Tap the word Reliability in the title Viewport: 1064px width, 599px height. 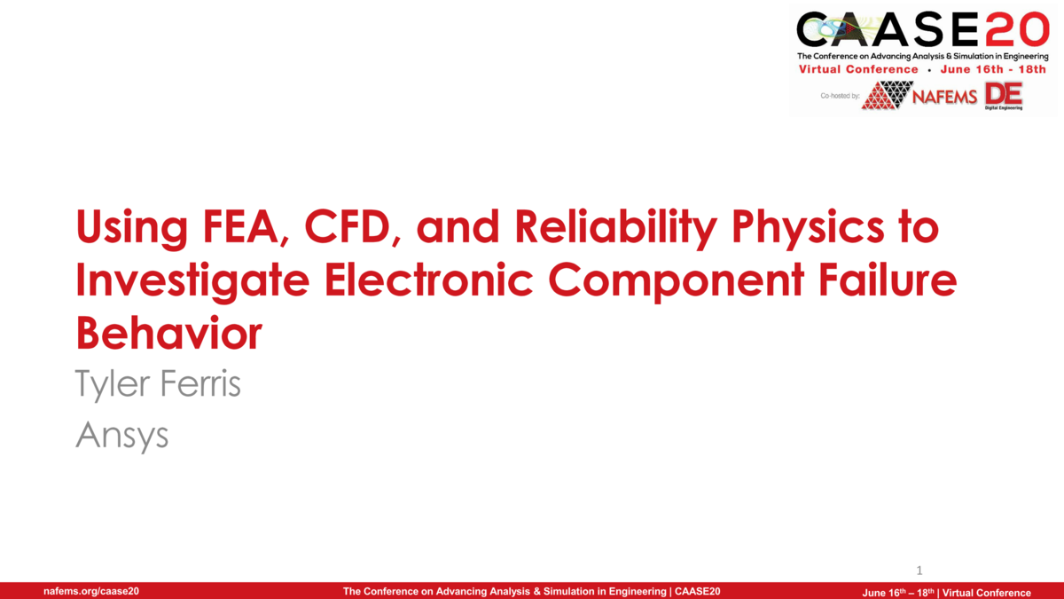(x=596, y=229)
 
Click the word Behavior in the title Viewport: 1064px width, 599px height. (x=168, y=333)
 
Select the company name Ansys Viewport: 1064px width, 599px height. (x=122, y=435)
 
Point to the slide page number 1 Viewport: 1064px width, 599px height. (x=919, y=570)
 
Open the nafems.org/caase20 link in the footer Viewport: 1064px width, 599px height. (x=91, y=592)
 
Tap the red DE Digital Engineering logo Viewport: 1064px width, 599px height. (x=1003, y=95)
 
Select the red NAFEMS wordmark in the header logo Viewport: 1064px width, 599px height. (x=945, y=96)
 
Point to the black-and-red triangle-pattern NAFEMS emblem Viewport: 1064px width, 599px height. (x=888, y=95)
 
